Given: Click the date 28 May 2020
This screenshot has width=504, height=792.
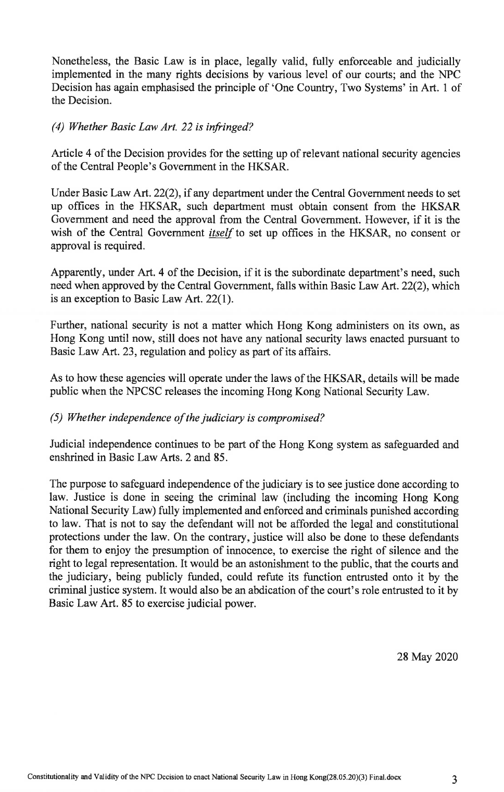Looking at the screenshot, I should [x=427, y=656].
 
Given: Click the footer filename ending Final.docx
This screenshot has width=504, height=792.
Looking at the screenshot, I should [x=214, y=777].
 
